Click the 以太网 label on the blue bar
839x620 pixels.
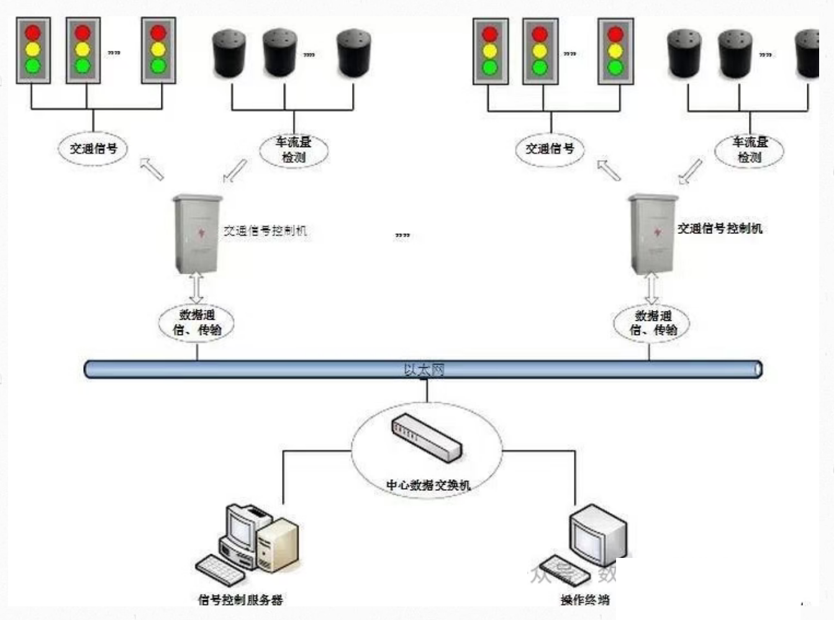tap(424, 370)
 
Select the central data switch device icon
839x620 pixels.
tap(426, 438)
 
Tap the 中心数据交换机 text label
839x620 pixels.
tap(428, 485)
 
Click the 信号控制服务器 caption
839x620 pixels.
tap(240, 600)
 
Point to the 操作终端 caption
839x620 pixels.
tap(584, 600)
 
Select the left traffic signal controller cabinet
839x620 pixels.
tap(197, 234)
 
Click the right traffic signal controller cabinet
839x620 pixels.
tap(653, 234)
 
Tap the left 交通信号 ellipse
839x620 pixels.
tap(93, 149)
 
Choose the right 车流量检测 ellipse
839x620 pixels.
tap(749, 150)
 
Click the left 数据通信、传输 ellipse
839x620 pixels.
tap(197, 322)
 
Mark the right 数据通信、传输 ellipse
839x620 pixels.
tap(652, 323)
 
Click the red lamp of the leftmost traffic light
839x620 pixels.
tap(33, 32)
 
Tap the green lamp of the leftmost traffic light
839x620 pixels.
tap(33, 65)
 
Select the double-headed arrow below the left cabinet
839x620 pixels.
tap(197, 289)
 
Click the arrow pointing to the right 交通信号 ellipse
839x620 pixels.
tap(609, 169)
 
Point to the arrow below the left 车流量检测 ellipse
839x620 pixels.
tap(235, 171)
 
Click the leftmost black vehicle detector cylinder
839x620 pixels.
tap(229, 53)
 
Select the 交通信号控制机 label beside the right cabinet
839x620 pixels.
tap(719, 228)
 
